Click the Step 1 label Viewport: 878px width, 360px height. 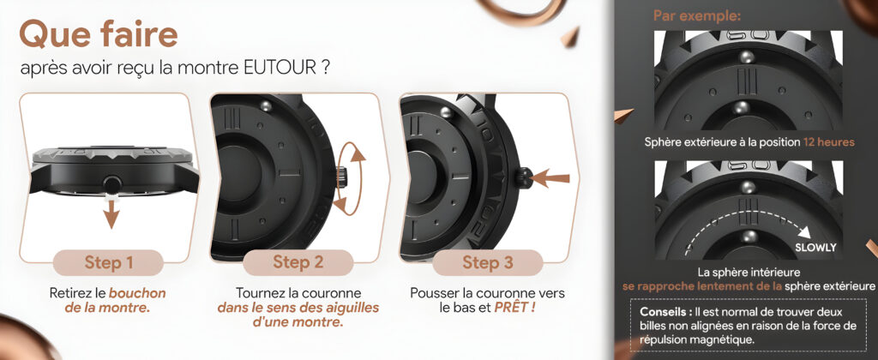click(x=109, y=262)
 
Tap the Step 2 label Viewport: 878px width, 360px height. click(x=298, y=262)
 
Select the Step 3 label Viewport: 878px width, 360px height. click(x=488, y=262)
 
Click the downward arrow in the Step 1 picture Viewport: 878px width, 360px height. click(x=112, y=213)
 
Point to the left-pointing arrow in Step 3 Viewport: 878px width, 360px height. click(x=550, y=178)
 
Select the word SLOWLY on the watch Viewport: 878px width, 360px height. click(x=815, y=248)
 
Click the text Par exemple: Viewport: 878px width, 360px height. click(x=697, y=16)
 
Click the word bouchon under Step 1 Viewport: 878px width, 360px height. click(x=137, y=293)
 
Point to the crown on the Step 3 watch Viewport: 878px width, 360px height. click(x=523, y=177)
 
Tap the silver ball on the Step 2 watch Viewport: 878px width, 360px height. click(x=267, y=105)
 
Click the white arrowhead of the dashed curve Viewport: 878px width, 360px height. click(x=804, y=231)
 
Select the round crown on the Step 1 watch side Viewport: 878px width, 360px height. click(x=112, y=183)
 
